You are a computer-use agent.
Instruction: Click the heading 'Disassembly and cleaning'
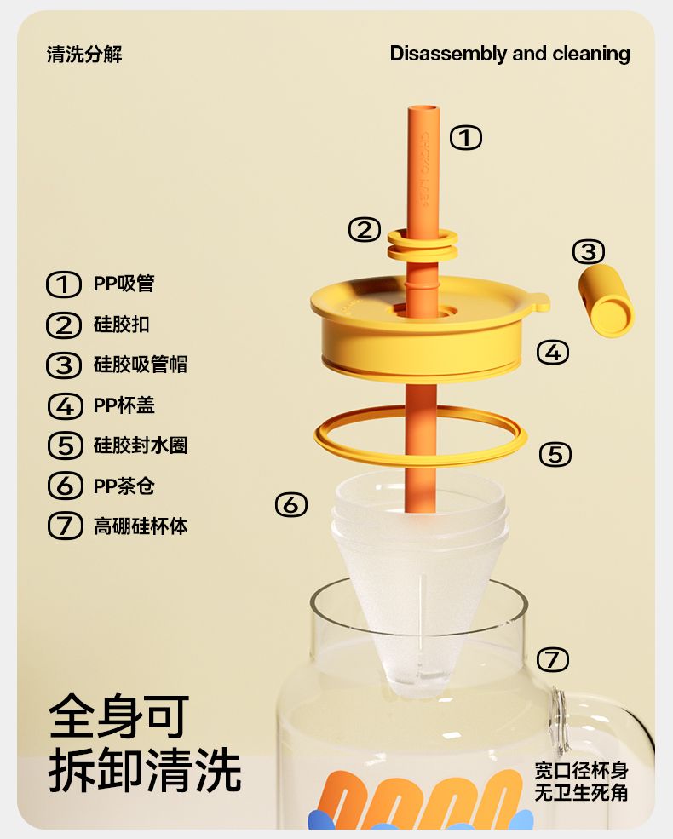509,54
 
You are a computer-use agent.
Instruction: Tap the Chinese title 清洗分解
84,54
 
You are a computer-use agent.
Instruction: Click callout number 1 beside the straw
465,137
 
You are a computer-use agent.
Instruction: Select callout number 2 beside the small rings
365,230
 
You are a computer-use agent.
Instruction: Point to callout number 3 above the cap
589,251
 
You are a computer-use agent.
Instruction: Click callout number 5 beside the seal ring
555,454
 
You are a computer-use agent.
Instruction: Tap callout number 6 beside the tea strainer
291,504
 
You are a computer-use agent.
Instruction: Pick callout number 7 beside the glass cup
552,659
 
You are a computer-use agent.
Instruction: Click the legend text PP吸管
124,284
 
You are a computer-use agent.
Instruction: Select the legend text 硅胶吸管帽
141,365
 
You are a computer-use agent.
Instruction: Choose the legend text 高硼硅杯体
141,526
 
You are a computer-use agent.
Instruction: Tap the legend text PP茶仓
124,486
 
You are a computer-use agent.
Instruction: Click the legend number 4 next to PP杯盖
65,405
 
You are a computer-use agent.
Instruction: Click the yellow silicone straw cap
607,300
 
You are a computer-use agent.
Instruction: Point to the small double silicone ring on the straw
423,244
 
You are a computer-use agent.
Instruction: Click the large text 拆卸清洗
145,770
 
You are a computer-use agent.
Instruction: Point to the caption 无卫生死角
582,792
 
